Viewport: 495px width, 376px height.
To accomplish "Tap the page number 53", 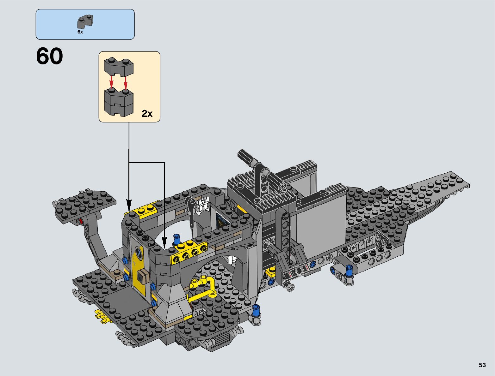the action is point(482,365).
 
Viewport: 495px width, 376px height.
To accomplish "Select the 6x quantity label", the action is point(80,32).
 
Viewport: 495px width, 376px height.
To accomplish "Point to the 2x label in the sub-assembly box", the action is point(147,114).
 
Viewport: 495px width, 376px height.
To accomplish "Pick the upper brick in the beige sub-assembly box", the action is point(119,67).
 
